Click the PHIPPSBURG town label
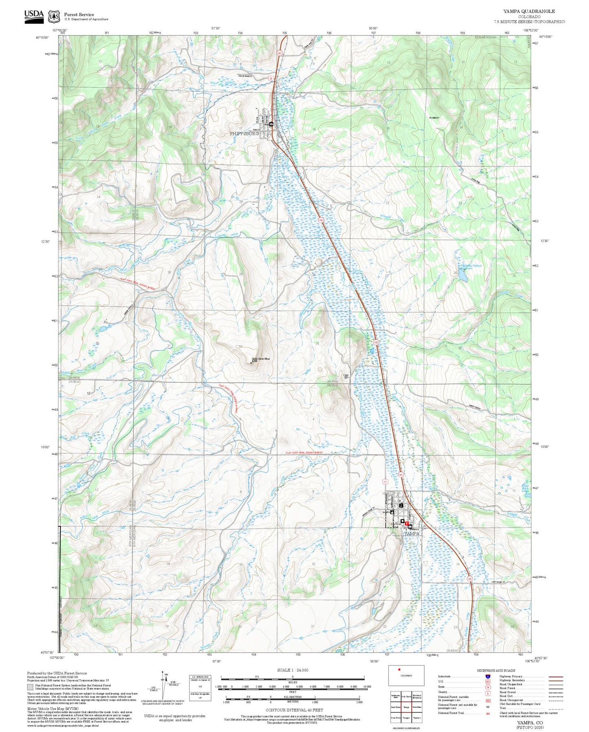coord(244,133)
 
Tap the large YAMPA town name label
coord(412,533)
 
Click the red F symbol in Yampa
coord(406,523)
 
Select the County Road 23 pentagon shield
coord(271,79)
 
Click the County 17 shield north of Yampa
coord(385,482)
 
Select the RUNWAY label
coord(434,118)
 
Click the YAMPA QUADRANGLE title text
coord(529,11)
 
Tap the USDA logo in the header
coord(34,15)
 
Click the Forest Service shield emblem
coord(54,16)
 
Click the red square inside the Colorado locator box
coord(399,669)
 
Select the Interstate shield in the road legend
coord(488,677)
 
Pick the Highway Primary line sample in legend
coord(555,677)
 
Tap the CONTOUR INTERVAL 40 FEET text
coord(294,710)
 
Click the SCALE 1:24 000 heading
coord(292,670)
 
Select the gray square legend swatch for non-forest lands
coord(31,687)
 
